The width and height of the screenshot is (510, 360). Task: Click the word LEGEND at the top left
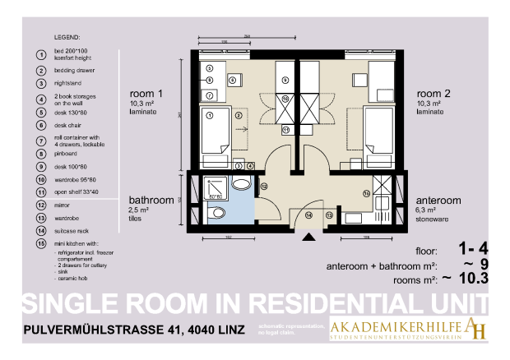(67, 38)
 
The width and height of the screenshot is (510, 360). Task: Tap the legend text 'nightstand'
(69, 85)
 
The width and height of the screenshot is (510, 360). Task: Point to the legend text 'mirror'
(63, 205)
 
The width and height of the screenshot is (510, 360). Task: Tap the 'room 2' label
(433, 94)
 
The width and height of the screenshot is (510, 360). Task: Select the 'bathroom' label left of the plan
(151, 200)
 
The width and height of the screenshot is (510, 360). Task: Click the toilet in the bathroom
(218, 214)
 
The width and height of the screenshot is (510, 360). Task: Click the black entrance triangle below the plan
(309, 238)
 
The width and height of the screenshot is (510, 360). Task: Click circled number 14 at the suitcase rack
(308, 215)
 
